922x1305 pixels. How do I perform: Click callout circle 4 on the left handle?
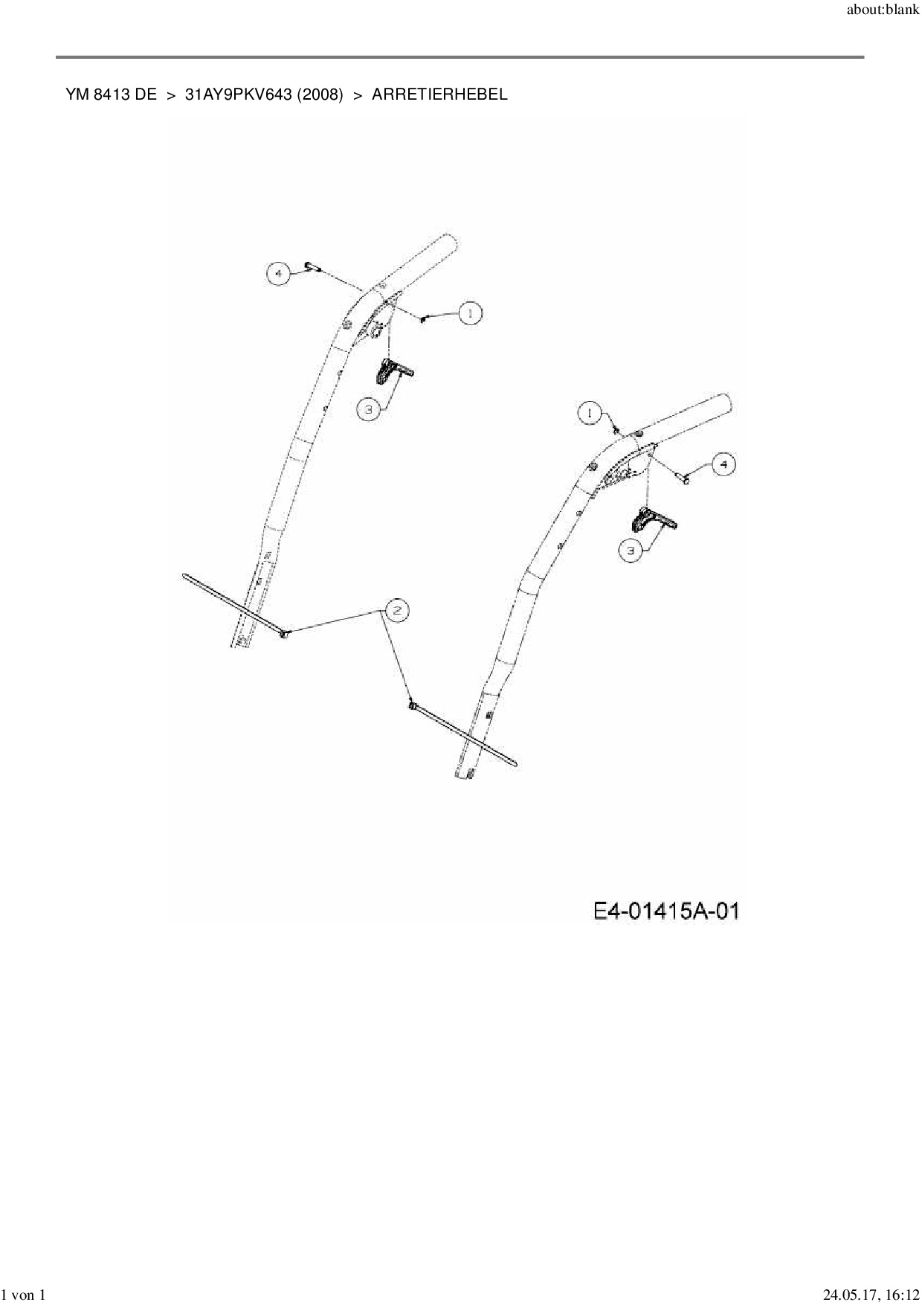point(278,274)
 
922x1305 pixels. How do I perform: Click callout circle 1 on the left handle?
point(470,314)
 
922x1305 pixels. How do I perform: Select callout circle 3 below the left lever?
point(367,409)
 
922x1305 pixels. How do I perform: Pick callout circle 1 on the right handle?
point(590,413)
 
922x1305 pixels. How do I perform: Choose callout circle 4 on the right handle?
point(723,465)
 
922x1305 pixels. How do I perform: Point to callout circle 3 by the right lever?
point(631,551)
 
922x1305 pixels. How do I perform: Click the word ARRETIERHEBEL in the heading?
point(439,94)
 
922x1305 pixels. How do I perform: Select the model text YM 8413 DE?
point(112,94)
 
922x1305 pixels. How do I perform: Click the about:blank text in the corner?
point(883,11)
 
